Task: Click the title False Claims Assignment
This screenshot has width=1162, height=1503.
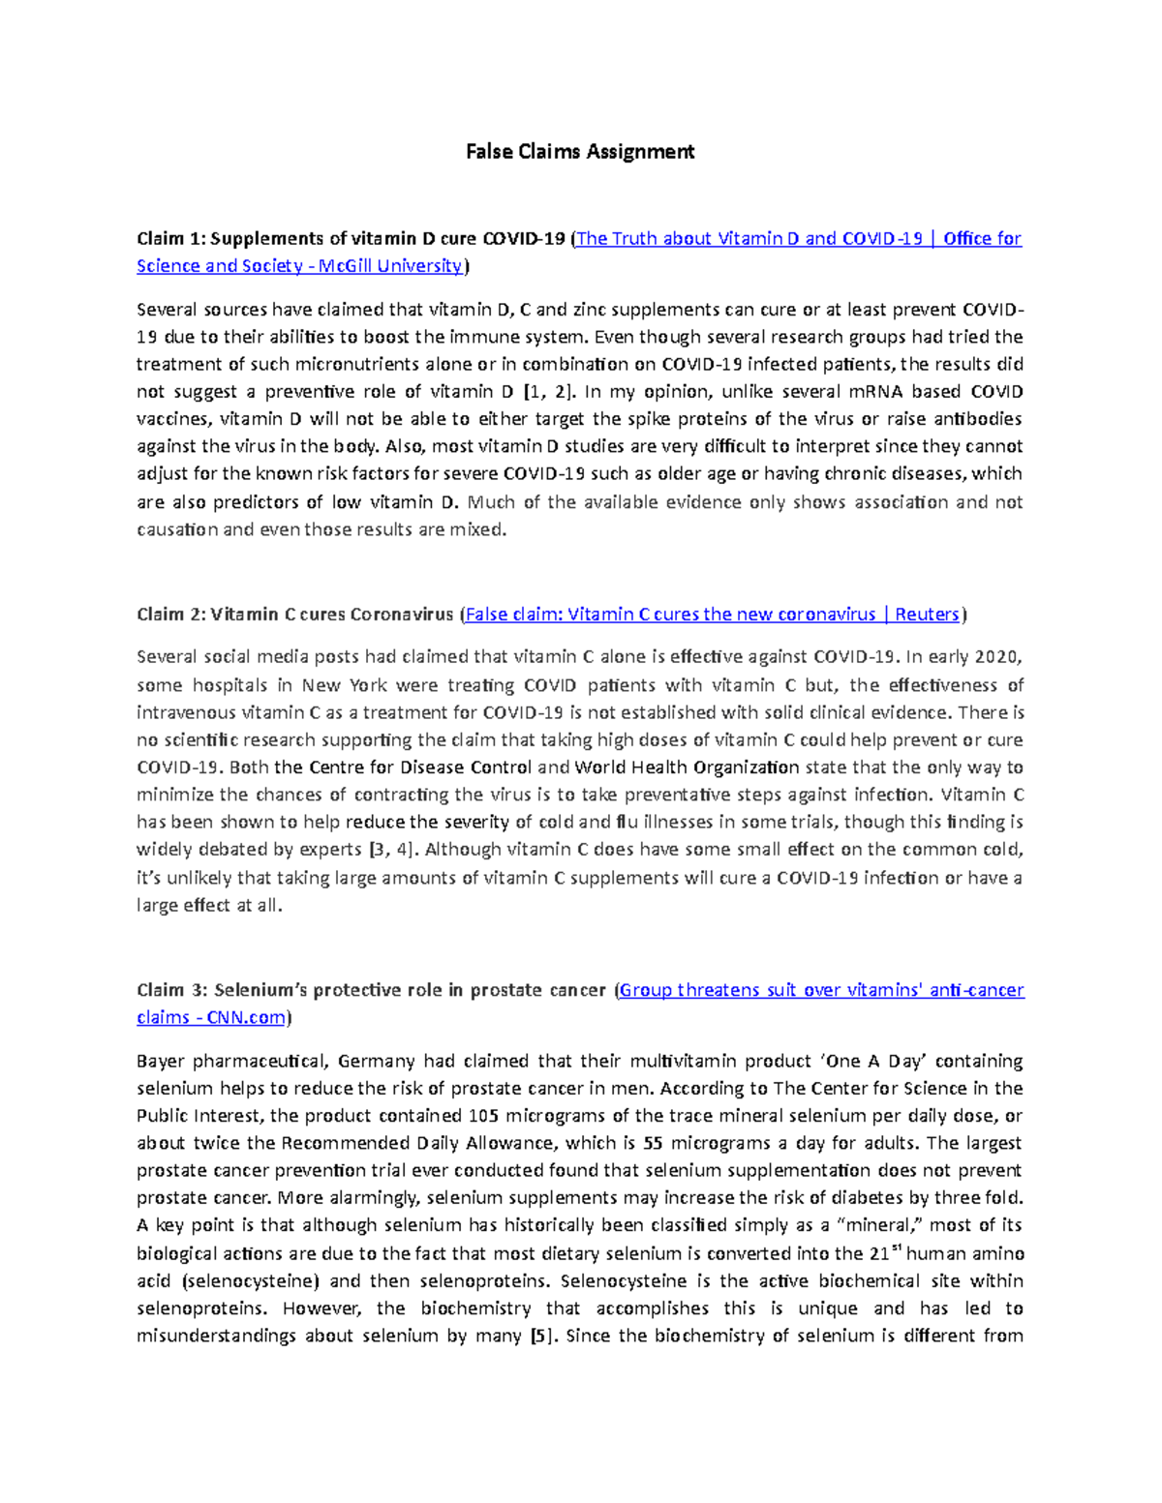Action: tap(580, 152)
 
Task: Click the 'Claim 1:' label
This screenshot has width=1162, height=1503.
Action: tap(170, 239)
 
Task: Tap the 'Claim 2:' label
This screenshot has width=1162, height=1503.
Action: tap(170, 615)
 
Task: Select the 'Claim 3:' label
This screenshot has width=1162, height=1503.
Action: tap(171, 990)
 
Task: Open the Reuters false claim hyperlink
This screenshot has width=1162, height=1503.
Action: tap(713, 615)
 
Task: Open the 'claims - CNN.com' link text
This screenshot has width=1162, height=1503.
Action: tap(211, 1017)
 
